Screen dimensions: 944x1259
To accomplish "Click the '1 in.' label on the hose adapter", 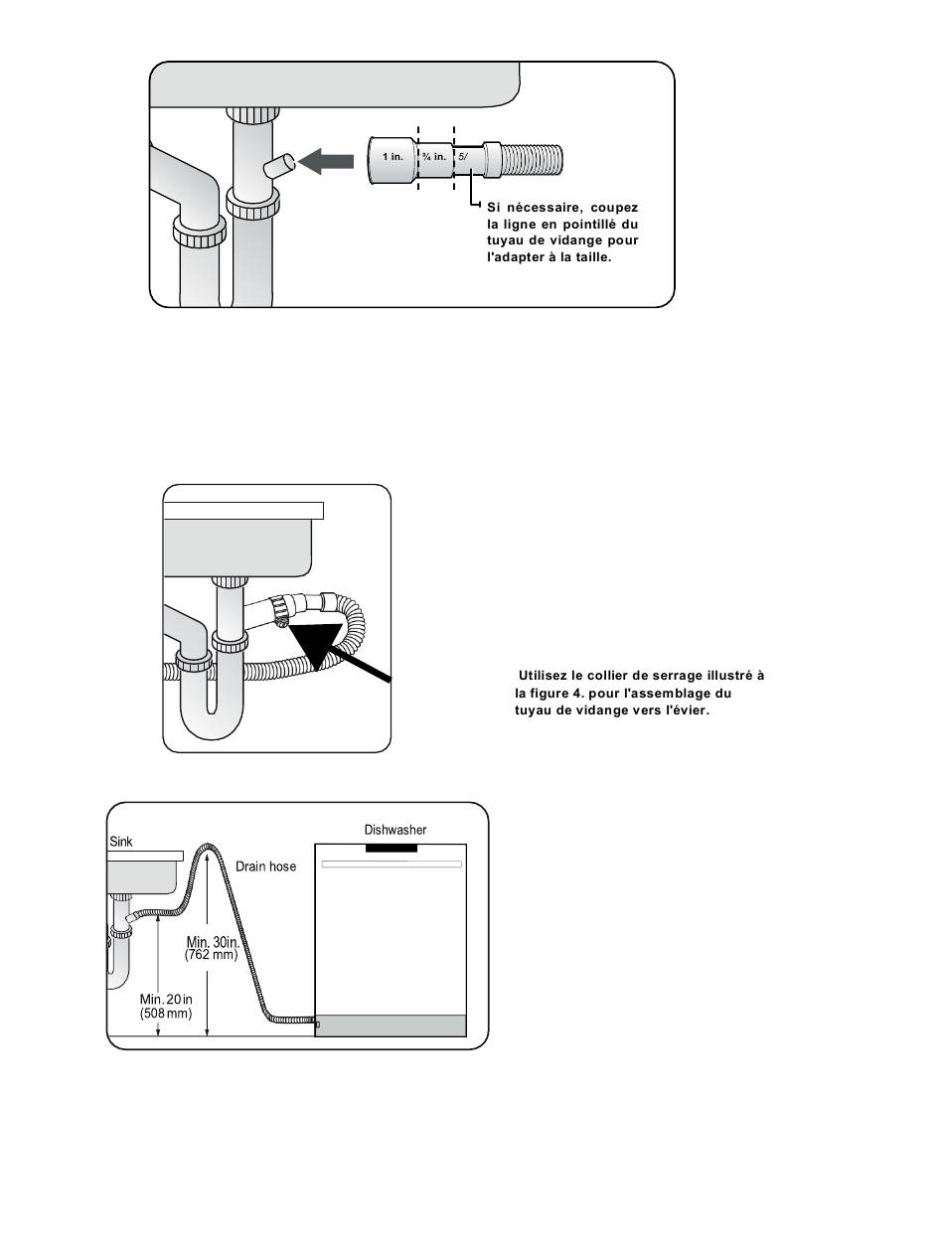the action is click(x=393, y=157).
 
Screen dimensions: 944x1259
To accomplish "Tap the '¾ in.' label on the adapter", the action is click(x=434, y=157).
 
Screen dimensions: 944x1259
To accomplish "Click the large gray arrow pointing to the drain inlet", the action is click(x=326, y=161).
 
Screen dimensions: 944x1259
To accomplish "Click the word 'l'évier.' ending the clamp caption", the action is click(x=685, y=710).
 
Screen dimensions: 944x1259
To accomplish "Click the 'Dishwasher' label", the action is click(x=394, y=830).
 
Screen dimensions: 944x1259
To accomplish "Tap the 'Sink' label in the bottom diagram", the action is click(x=120, y=842).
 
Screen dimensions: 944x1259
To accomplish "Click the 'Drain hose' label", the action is click(x=265, y=866).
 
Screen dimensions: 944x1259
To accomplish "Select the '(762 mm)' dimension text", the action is click(x=212, y=955).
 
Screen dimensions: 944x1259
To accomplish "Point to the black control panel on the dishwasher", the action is click(x=392, y=848).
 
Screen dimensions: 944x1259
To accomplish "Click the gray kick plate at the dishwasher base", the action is click(x=391, y=1025).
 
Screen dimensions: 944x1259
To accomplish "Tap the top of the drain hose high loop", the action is click(x=207, y=846).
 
